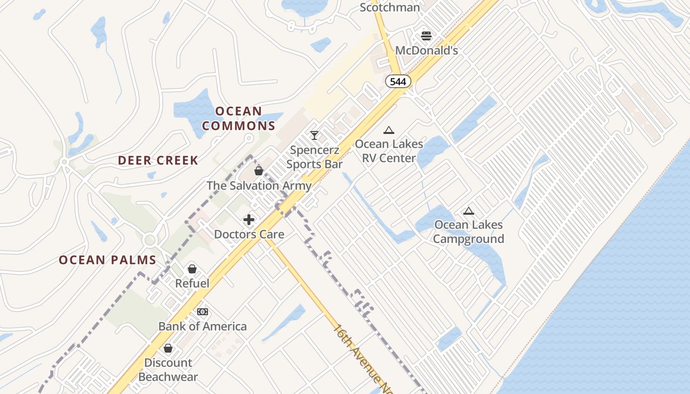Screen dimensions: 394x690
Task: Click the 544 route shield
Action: pyautogui.click(x=398, y=82)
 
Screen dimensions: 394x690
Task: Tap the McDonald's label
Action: pyautogui.click(x=427, y=51)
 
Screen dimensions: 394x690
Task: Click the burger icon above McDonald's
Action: pyautogui.click(x=426, y=36)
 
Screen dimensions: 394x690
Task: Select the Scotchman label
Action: pyautogui.click(x=390, y=7)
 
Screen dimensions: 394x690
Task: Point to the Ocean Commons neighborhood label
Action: pyautogui.click(x=239, y=118)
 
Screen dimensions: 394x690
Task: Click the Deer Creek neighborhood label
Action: pyautogui.click(x=158, y=160)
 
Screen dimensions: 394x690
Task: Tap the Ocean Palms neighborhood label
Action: pyautogui.click(x=107, y=260)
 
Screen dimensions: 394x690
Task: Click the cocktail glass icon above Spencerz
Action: pyautogui.click(x=314, y=135)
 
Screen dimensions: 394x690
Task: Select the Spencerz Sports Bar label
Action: pyautogui.click(x=314, y=157)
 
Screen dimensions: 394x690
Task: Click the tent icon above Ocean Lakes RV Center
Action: pyautogui.click(x=389, y=131)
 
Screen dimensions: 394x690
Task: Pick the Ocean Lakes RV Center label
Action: pyautogui.click(x=389, y=151)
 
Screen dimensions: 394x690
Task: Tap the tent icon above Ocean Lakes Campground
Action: pyautogui.click(x=468, y=211)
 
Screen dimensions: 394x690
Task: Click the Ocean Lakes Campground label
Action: pyautogui.click(x=468, y=232)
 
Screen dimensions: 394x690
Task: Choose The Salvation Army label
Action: pyautogui.click(x=259, y=186)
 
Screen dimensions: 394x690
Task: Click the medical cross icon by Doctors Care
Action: pyautogui.click(x=249, y=220)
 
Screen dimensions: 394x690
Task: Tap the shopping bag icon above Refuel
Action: pyautogui.click(x=192, y=269)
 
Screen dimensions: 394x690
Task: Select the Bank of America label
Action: pyautogui.click(x=203, y=326)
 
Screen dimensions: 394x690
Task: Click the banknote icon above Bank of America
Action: pyautogui.click(x=203, y=312)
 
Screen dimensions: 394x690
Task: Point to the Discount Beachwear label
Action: pyautogui.click(x=168, y=370)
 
